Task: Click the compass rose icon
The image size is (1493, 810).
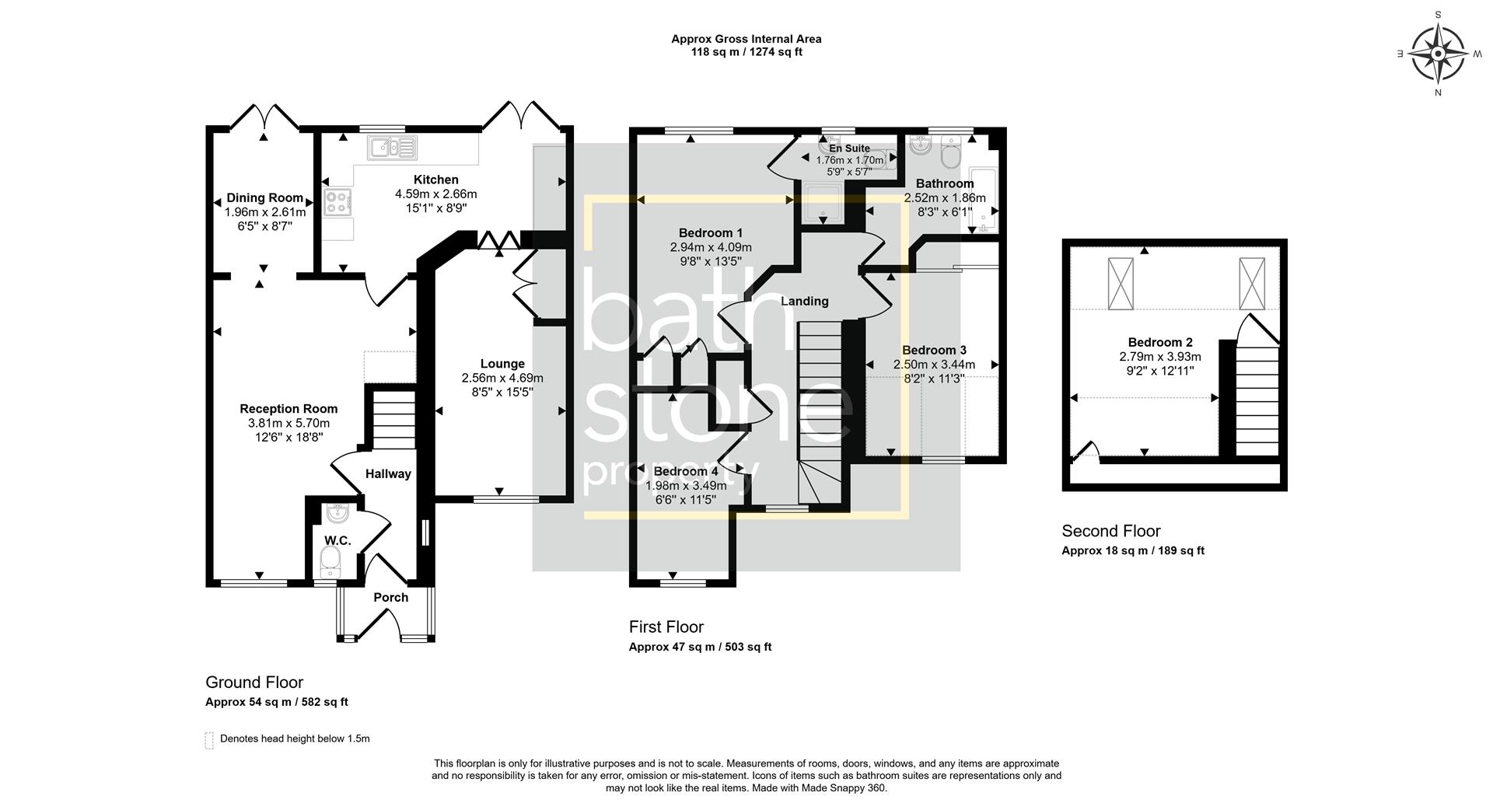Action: click(1438, 54)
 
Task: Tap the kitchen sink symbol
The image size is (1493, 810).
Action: click(393, 147)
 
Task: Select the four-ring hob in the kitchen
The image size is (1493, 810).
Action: click(338, 203)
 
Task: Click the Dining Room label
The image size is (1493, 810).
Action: click(264, 198)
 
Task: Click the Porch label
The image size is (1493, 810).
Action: click(390, 598)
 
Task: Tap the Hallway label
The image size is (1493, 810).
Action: click(388, 474)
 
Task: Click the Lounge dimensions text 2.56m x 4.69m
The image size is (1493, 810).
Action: click(502, 379)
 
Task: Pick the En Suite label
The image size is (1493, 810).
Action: click(849, 148)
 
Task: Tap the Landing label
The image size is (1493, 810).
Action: click(804, 302)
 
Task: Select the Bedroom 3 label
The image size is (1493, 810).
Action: click(934, 351)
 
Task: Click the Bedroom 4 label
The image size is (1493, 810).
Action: click(686, 472)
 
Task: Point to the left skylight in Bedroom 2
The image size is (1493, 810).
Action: click(1121, 284)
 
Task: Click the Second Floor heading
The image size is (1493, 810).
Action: click(1110, 532)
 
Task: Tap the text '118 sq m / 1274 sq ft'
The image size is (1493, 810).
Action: click(746, 53)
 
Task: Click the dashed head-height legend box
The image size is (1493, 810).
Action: click(209, 739)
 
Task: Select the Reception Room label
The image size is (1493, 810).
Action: click(288, 409)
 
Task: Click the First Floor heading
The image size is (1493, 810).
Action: click(666, 627)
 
